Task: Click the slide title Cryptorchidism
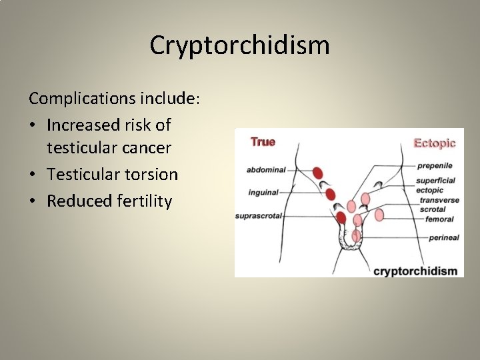[x=239, y=45]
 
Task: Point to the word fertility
[x=143, y=201]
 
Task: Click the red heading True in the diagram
[x=263, y=142]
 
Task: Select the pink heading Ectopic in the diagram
[x=435, y=143]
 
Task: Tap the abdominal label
[x=266, y=170]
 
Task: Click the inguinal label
[x=263, y=193]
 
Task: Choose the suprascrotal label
[x=259, y=216]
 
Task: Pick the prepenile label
[x=435, y=165]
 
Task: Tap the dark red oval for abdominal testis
[x=318, y=173]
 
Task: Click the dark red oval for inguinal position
[x=329, y=194]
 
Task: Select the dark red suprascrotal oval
[x=341, y=217]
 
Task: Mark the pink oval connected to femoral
[x=379, y=215]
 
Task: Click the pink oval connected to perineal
[x=357, y=235]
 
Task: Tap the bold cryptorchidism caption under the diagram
[x=415, y=271]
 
